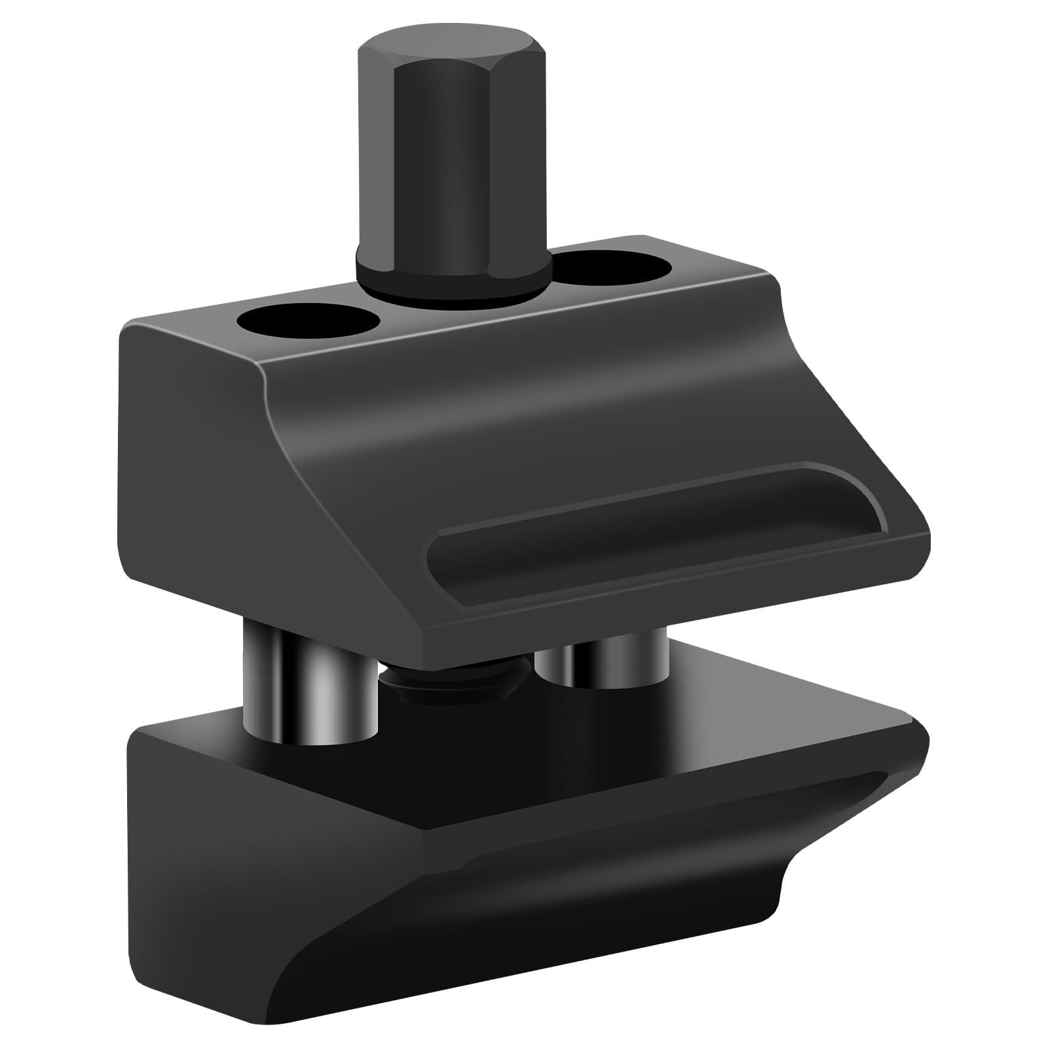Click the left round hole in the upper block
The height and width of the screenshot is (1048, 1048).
point(309,321)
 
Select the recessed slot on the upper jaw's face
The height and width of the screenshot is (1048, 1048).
point(655,524)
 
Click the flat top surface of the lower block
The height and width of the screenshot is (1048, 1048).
point(589,740)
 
